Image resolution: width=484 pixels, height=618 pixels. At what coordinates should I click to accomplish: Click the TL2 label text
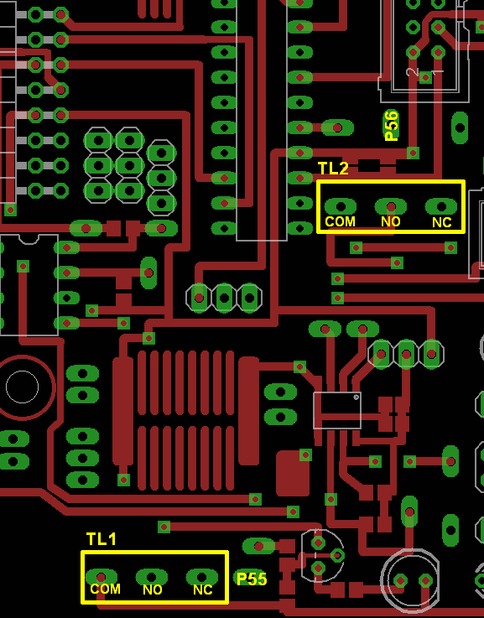pos(334,169)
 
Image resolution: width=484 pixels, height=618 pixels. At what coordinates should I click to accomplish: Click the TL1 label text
pos(101,539)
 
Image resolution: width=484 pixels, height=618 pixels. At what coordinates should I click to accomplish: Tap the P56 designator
pos(392,126)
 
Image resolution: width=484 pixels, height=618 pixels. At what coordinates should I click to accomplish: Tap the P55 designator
pos(252,579)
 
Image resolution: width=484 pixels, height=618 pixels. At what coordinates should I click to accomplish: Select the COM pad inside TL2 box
pos(340,206)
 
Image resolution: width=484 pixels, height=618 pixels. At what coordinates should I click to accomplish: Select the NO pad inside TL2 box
pos(391,206)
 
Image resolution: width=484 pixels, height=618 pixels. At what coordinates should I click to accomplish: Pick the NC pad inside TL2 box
pos(441,206)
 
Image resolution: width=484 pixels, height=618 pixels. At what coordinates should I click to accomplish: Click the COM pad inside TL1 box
pos(101,577)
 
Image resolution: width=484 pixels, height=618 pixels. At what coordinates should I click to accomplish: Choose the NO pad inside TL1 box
pos(152,577)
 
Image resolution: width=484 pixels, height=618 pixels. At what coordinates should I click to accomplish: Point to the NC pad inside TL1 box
pos(202,577)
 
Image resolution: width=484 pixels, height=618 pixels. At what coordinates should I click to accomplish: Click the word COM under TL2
pos(340,222)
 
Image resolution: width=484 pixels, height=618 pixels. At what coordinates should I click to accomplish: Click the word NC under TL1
pos(203,589)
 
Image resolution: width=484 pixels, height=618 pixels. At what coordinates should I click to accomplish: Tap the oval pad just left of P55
pos(258,546)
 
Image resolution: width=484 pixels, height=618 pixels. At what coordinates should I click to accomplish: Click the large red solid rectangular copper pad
pos(293,474)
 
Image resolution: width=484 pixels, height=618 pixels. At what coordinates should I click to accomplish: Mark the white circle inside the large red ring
pos(23,387)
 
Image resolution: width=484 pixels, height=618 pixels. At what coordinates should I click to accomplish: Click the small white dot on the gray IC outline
pos(356,397)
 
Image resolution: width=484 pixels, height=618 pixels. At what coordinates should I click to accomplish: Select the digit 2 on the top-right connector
pos(412,72)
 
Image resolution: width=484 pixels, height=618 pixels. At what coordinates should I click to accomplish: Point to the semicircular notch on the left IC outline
pos(29,239)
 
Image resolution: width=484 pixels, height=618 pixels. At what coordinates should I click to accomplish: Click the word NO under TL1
pos(153,589)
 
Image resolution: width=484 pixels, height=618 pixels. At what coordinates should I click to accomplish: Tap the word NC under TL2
pos(442,223)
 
